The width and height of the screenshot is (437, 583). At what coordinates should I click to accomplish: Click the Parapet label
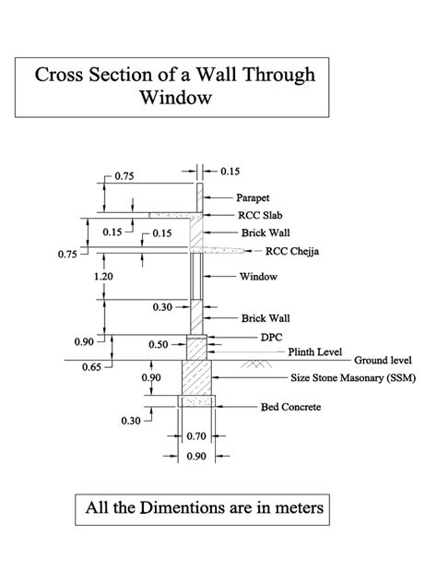253,197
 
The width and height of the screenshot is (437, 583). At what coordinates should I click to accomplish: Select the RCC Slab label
259,214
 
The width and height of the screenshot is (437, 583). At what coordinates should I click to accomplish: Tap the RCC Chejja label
292,250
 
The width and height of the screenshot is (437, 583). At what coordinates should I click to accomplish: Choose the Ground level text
382,361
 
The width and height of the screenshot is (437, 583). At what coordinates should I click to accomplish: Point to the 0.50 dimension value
159,344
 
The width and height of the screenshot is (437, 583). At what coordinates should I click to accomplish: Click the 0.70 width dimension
195,434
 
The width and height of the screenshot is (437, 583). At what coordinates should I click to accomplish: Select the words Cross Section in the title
97,75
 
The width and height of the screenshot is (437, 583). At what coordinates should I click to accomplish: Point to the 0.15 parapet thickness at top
230,171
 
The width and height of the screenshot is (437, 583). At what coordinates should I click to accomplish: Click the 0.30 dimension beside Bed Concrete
129,421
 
